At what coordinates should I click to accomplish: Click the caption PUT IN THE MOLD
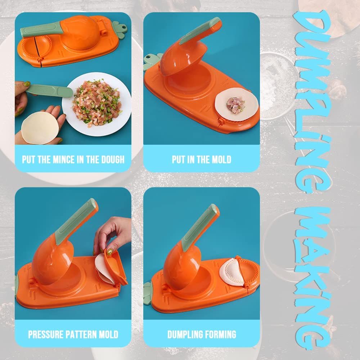pyautogui.click(x=201, y=159)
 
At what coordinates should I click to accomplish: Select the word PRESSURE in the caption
pyautogui.click(x=46, y=334)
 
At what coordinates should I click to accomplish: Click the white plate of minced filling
pyautogui.click(x=96, y=104)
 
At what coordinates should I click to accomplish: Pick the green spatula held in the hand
pyautogui.click(x=49, y=91)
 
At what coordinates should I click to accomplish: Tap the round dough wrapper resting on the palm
pyautogui.click(x=40, y=128)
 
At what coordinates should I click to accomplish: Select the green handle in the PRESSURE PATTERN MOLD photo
pyautogui.click(x=76, y=220)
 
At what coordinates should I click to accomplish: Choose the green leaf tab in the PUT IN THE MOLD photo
pyautogui.click(x=152, y=62)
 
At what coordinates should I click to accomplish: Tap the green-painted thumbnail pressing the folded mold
pyautogui.click(x=109, y=252)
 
